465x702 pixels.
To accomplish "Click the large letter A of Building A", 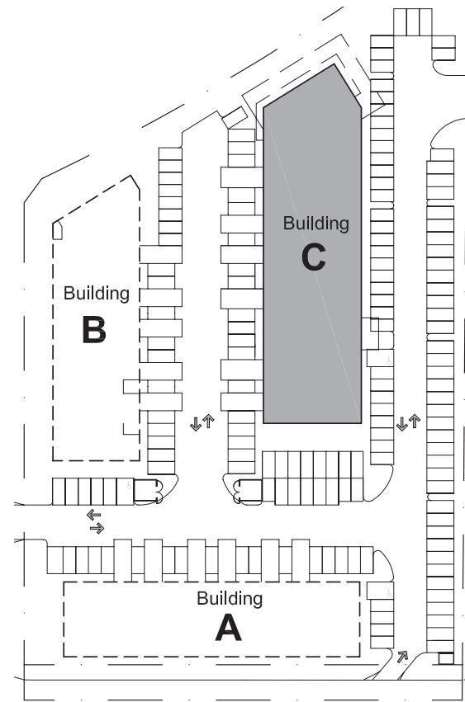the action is click(x=228, y=627).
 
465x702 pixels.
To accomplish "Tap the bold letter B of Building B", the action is click(x=94, y=329).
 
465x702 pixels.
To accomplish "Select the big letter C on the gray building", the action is click(x=313, y=257).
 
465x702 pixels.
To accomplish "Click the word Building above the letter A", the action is click(x=230, y=599).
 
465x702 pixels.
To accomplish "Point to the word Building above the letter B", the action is click(x=97, y=294).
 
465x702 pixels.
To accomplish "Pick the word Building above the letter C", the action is click(x=316, y=224).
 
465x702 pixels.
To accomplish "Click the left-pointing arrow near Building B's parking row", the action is click(x=93, y=515).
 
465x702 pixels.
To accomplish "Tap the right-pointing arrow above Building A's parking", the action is click(x=97, y=529).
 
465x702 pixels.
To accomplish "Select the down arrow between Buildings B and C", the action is click(x=196, y=423).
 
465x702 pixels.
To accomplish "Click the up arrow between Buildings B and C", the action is click(x=208, y=422).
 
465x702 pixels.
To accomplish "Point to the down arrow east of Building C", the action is click(x=401, y=423).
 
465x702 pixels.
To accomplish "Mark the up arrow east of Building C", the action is click(x=415, y=422).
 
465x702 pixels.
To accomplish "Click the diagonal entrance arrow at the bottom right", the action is click(x=402, y=657).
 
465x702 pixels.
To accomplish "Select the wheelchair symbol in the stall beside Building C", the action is click(x=388, y=360).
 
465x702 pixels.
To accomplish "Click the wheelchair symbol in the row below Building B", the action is click(x=129, y=485).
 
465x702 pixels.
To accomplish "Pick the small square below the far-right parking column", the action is click(x=446, y=658).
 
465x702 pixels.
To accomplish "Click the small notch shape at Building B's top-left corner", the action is click(x=57, y=231).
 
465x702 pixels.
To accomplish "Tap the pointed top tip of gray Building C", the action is click(x=334, y=64).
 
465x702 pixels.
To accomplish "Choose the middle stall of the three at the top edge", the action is click(x=413, y=22).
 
